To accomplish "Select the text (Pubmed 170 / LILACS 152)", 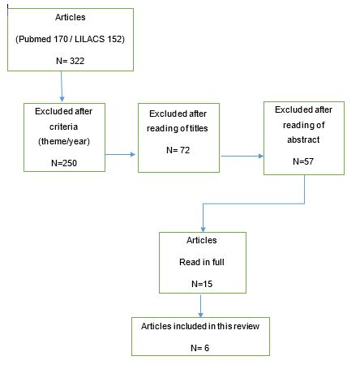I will pyautogui.click(x=61, y=38).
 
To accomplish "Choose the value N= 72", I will pyautogui.click(x=179, y=150).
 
